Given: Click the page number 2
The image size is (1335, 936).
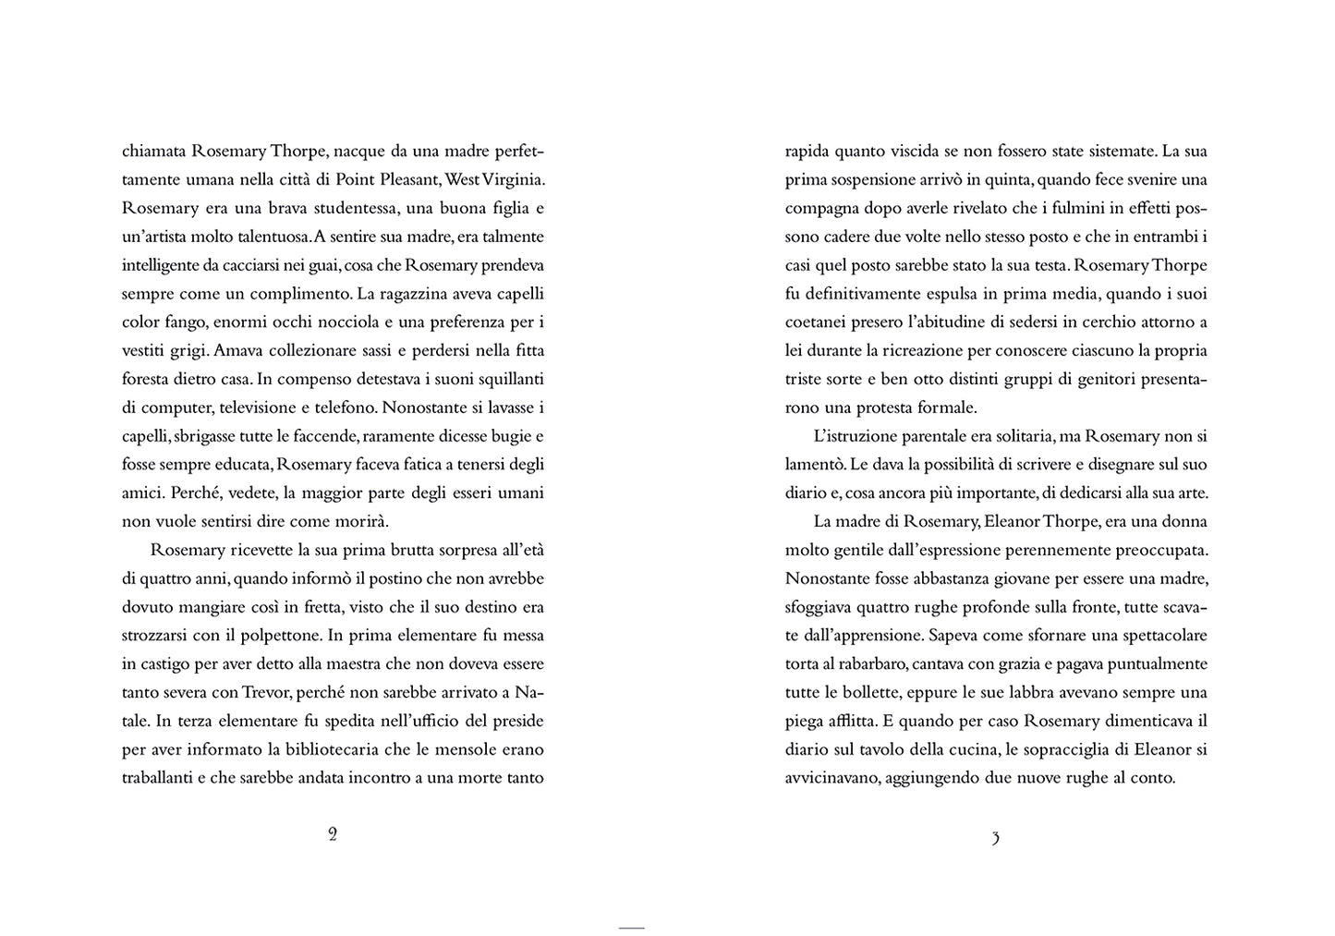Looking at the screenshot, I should tap(333, 834).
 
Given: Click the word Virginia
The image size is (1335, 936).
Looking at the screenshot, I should tap(513, 179).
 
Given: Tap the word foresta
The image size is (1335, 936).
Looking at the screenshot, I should tap(147, 379).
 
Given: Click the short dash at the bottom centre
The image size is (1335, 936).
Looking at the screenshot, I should tap(631, 927).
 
